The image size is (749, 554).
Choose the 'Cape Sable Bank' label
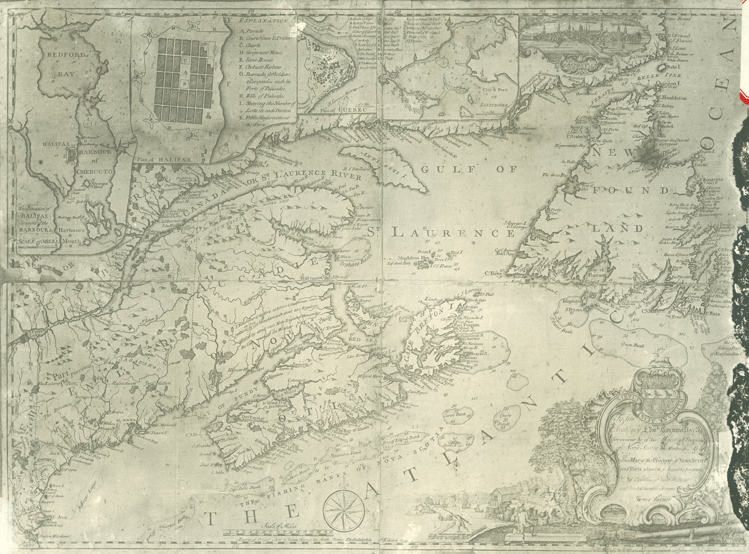click(x=239, y=487)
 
